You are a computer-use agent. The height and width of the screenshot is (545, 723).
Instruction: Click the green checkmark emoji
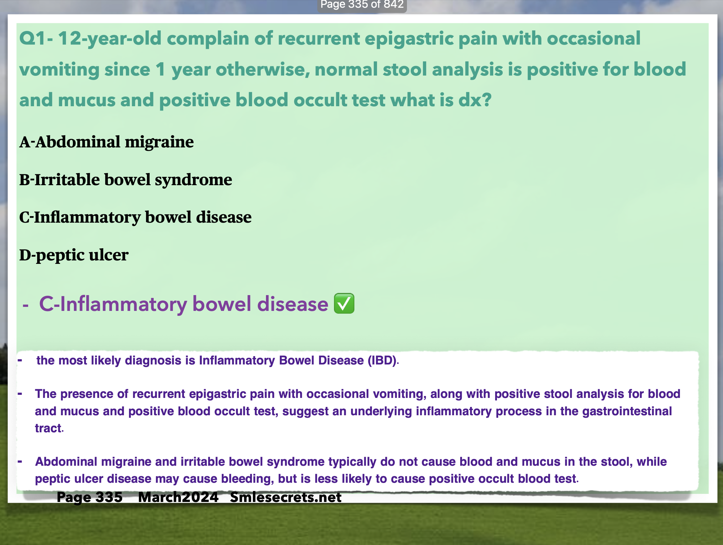point(344,303)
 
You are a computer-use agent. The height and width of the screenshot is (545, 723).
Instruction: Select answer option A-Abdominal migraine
point(107,142)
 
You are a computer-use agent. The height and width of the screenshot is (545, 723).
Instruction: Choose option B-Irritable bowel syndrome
point(126,180)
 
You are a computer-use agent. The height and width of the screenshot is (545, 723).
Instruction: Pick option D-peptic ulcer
point(74,255)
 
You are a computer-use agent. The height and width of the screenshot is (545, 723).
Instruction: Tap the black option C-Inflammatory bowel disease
point(135,217)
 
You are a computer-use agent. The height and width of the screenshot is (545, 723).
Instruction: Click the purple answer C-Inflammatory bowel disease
point(184,304)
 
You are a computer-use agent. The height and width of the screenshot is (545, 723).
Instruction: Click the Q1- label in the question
point(36,39)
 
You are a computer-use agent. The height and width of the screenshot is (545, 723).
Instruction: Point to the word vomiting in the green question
point(59,70)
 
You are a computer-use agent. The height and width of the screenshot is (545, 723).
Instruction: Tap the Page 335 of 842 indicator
point(362,5)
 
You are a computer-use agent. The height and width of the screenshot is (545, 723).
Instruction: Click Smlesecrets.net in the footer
point(286,497)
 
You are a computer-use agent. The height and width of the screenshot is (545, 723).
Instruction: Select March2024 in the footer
point(178,497)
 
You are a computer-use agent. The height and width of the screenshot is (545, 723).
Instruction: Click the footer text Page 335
point(90,497)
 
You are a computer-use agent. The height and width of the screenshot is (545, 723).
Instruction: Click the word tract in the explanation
point(48,428)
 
